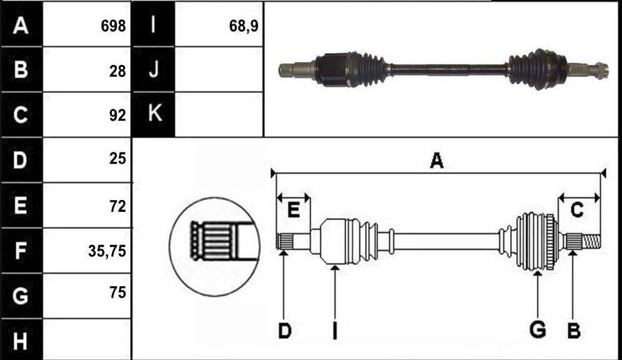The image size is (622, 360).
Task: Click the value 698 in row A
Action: pos(113,26)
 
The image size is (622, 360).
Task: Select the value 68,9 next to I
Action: pos(244,26)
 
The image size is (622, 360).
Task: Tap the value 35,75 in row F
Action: pos(107,251)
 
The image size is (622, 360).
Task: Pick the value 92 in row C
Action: pos(118,115)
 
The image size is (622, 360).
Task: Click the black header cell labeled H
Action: pos(21,340)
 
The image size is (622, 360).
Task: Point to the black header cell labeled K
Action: pos(154,114)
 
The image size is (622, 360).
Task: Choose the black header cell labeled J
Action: pos(154,69)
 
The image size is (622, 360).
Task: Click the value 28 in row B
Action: pos(118,71)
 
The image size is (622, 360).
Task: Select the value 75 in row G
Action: pos(118,292)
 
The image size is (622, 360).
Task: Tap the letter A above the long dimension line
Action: pos(437,161)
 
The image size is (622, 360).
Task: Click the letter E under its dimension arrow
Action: pos(293,210)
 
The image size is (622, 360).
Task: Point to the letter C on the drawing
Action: pos(577,210)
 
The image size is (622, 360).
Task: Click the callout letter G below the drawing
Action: pos(538,330)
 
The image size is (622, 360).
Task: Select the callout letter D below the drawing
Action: pos(284,331)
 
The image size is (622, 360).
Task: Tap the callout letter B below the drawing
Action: pos(574,331)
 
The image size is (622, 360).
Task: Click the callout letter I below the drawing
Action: pos(335,331)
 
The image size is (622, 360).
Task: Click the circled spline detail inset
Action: pos(214,247)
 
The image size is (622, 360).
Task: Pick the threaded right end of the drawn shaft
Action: pos(591,241)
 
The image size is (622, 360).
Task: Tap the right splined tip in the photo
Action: pos(598,71)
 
